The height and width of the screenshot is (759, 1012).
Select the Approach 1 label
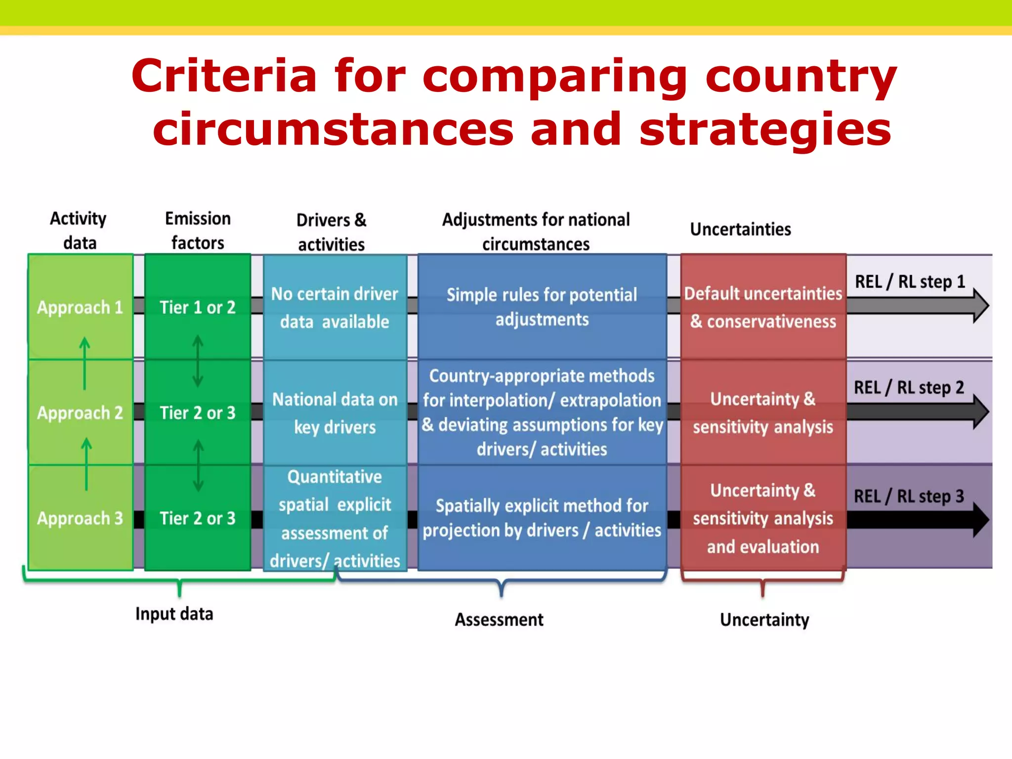[80, 307]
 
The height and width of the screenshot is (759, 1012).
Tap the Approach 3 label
[80, 518]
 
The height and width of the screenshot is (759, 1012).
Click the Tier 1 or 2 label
[198, 307]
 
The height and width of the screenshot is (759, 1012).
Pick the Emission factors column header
[198, 231]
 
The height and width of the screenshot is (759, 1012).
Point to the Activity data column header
[79, 231]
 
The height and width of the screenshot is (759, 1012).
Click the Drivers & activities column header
[332, 232]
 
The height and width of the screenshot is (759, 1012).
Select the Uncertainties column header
[740, 229]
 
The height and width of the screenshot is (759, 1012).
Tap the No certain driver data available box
[335, 307]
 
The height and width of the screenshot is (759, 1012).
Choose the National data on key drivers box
[335, 413]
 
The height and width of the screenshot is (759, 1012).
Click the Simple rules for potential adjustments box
[542, 307]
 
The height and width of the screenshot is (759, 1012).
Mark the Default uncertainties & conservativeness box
[763, 307]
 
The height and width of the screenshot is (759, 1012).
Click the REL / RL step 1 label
[910, 282]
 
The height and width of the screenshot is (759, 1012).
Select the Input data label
[174, 614]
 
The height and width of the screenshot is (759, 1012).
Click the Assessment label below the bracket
[499, 620]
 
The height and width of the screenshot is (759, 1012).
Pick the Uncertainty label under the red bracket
[764, 620]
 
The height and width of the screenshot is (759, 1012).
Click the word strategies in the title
[765, 129]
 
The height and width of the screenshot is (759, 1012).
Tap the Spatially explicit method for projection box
[542, 518]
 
